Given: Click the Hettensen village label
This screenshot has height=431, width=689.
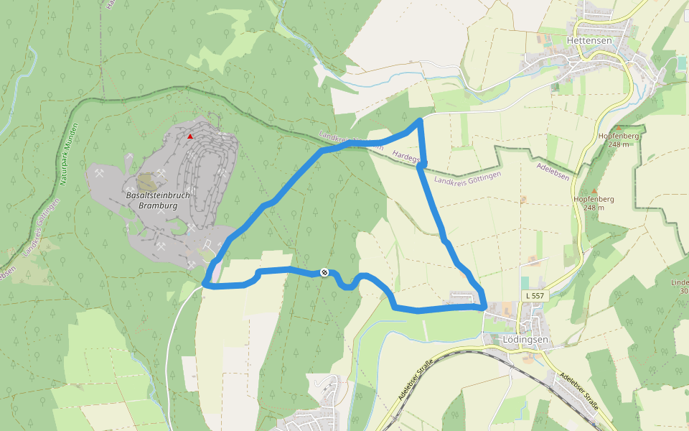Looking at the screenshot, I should coord(589,41).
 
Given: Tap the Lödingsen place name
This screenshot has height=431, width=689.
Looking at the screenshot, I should coord(525,339).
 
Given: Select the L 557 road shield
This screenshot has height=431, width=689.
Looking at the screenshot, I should coord(535,295).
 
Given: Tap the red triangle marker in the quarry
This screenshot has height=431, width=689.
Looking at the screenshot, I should coord(190,136).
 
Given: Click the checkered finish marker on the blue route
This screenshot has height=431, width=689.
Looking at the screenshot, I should coord(324,272).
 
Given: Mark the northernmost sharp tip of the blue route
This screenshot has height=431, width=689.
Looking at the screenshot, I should coord(420,120).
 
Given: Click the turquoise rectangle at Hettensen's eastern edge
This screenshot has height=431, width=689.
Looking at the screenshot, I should coord(681,63).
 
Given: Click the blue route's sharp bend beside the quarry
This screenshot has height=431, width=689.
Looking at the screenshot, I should coord(206,284).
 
